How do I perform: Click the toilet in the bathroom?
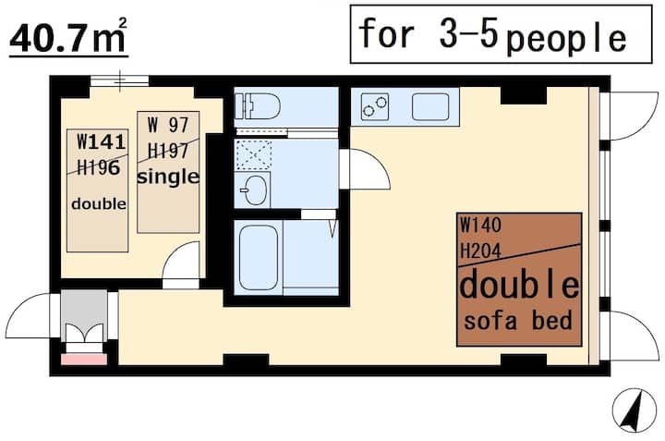[258, 105]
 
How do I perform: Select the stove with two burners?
[375, 106]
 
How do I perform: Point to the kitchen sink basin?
[430, 106]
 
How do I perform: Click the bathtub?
[259, 257]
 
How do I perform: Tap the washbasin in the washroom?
[253, 190]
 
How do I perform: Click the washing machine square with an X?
[254, 155]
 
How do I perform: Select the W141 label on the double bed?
[102, 142]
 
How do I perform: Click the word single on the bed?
[168, 178]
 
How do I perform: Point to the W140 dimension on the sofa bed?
[480, 225]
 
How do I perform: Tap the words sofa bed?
[518, 321]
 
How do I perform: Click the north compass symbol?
[634, 410]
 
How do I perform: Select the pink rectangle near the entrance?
[84, 360]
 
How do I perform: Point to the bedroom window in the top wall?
[119, 80]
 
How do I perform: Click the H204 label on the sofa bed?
[480, 251]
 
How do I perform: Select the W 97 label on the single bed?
[168, 125]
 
